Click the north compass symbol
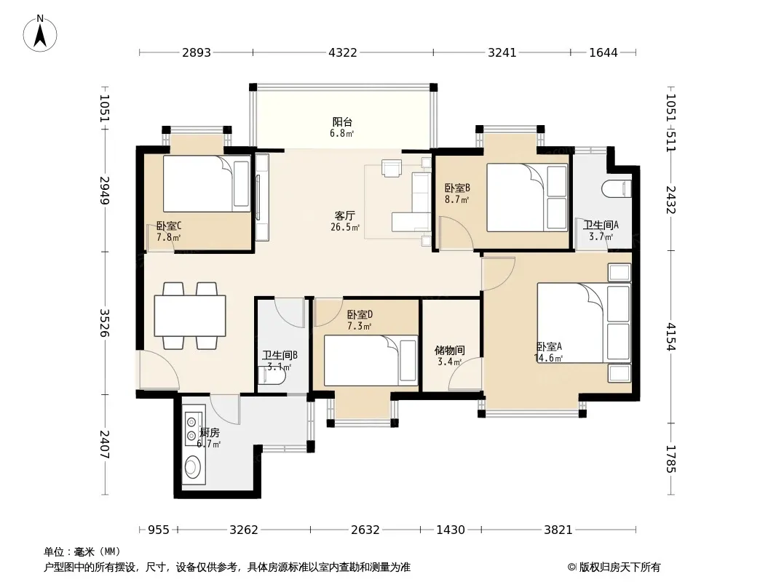pyautogui.click(x=40, y=33)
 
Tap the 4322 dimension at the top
pyautogui.click(x=342, y=52)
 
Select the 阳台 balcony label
pyautogui.click(x=342, y=121)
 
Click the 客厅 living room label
pyautogui.click(x=344, y=215)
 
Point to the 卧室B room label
pyautogui.click(x=456, y=188)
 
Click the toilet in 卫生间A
pyautogui.click(x=617, y=189)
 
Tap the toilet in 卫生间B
pyautogui.click(x=272, y=378)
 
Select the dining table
pyautogui.click(x=190, y=316)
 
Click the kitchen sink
pyautogui.click(x=194, y=467)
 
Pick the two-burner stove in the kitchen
pyautogui.click(x=191, y=428)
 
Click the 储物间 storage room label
pyautogui.click(x=449, y=350)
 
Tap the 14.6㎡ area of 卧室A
pyautogui.click(x=548, y=358)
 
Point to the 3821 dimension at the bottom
pyautogui.click(x=558, y=530)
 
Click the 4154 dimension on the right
pyautogui.click(x=670, y=337)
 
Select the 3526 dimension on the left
pyautogui.click(x=105, y=323)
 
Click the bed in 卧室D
pyautogui.click(x=371, y=360)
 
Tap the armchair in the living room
pyautogui.click(x=392, y=168)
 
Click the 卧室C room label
pyautogui.click(x=169, y=226)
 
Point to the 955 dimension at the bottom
pyautogui.click(x=159, y=530)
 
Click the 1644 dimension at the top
pyautogui.click(x=603, y=52)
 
